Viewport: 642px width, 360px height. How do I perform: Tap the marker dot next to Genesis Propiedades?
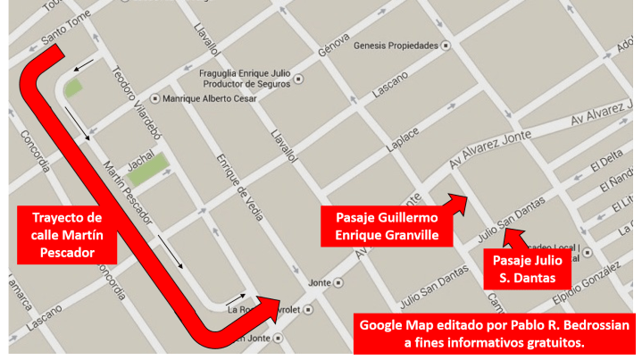tap(446, 46)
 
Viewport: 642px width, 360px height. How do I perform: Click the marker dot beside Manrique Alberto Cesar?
tap(155, 98)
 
